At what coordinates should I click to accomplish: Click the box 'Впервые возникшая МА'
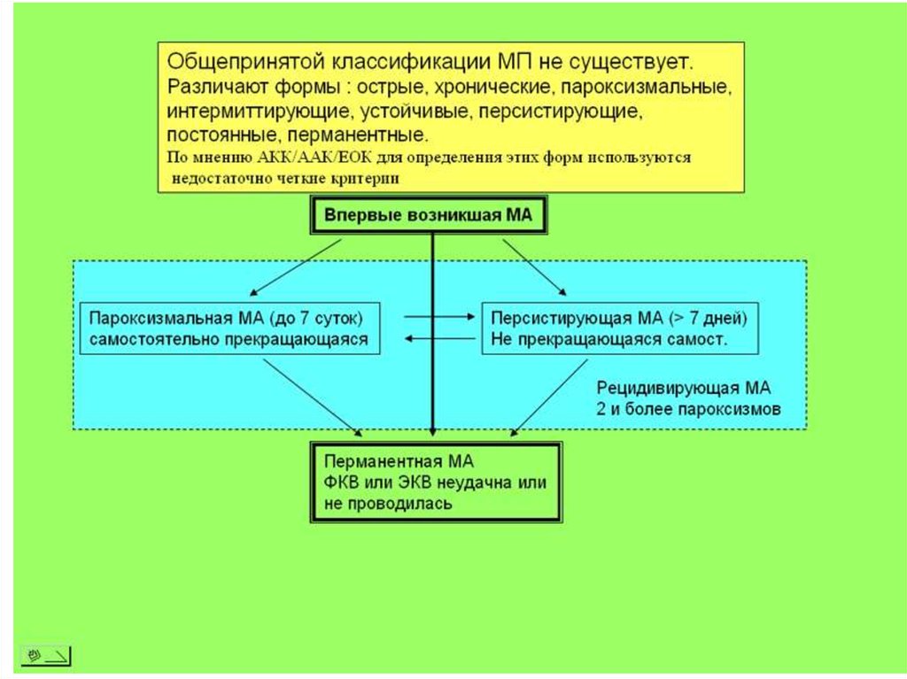point(429,216)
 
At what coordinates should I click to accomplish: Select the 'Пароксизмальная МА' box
point(229,328)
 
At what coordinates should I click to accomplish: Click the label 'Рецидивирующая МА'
point(683,389)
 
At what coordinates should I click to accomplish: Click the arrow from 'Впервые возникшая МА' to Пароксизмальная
point(296,266)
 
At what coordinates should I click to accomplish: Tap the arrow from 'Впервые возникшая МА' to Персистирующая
point(535,266)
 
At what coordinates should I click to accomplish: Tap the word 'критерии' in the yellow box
point(371,177)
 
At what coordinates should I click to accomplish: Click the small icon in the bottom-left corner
point(45,656)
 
